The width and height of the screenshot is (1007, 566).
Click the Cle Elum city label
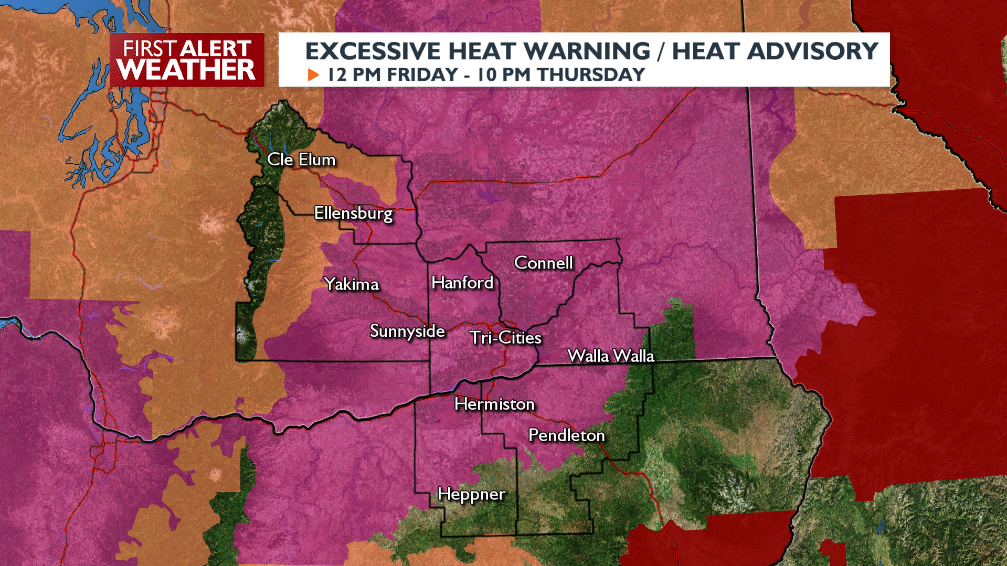pos(301,159)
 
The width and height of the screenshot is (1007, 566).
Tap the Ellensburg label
pos(353,213)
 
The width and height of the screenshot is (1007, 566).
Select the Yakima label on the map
pos(352,284)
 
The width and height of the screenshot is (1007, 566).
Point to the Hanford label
pos(462,283)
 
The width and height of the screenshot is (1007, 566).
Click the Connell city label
pos(543,263)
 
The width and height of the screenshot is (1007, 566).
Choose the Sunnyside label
pos(407,331)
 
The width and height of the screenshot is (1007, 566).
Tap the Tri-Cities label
pos(505,338)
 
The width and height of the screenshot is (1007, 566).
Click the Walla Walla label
pos(611,356)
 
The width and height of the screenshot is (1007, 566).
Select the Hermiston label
pos(494,404)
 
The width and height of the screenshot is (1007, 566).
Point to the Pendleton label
pos(566,435)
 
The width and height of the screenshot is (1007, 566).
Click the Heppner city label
pos(471,494)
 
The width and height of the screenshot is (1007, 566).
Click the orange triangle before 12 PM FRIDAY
pos(313,75)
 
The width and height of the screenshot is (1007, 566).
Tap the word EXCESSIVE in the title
pos(373,51)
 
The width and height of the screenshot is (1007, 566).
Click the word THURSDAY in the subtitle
pos(591,75)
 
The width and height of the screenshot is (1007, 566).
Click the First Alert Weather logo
pos(187,60)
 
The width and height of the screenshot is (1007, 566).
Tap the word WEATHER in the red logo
pos(186,70)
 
